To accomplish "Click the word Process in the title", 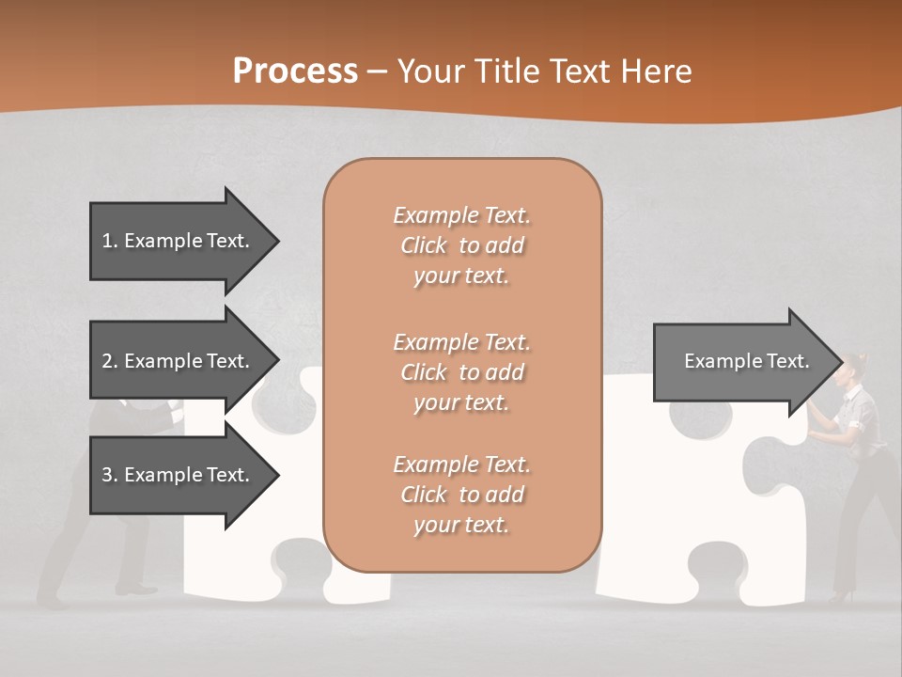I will pos(295,71).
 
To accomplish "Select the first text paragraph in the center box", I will pos(461,245).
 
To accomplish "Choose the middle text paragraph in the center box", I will pos(461,372).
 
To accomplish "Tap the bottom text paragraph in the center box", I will pos(461,495).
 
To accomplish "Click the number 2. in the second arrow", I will pos(110,361).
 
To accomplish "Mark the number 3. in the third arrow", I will pos(110,475).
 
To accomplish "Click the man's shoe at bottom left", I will pos(141,590).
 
